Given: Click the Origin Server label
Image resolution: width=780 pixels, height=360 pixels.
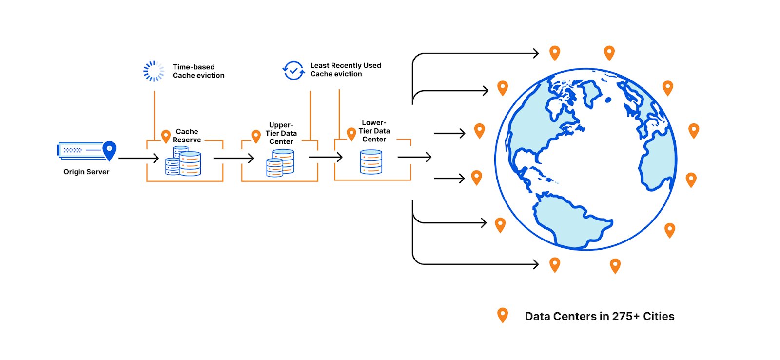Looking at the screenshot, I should click(86, 172).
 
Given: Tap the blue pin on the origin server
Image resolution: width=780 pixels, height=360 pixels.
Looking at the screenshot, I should click(109, 150).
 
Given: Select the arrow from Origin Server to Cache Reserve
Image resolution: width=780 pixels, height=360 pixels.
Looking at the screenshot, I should click(138, 158).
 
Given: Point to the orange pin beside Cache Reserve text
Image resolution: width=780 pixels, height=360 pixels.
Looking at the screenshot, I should click(166, 136).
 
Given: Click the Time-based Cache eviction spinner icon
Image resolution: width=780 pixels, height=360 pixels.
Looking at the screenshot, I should click(154, 71).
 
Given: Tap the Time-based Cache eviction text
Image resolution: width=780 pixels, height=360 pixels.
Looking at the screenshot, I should click(198, 71).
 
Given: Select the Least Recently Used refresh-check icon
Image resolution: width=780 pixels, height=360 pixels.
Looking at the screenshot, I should click(293, 71).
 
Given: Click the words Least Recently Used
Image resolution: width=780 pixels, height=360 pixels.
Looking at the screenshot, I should click(345, 65).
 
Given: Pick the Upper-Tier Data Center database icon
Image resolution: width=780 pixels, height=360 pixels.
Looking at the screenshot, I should click(280, 163).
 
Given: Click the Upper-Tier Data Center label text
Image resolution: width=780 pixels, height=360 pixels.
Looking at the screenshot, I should click(281, 133).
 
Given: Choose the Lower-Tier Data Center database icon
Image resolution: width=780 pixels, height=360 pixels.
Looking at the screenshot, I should click(371, 162).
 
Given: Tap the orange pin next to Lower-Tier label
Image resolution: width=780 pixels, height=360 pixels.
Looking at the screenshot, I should click(351, 134).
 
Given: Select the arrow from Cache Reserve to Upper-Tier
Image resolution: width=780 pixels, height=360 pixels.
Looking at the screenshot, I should click(234, 158).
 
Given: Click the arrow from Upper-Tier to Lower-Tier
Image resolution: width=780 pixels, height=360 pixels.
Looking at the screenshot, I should click(326, 157).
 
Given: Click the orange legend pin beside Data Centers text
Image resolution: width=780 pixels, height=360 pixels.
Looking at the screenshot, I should click(502, 315).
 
